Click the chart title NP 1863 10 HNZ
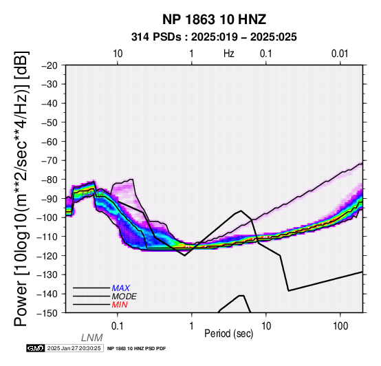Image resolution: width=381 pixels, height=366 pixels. (x=214, y=19)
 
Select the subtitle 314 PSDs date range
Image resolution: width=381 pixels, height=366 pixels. (x=214, y=37)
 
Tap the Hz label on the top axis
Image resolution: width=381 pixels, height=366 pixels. (x=228, y=54)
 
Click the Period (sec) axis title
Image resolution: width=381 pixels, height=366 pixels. (x=228, y=334)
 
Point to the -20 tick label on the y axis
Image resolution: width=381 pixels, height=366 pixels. (x=50, y=65)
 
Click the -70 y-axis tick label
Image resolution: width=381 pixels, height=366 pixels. (x=50, y=161)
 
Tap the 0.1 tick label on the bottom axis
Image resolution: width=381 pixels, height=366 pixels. (x=117, y=326)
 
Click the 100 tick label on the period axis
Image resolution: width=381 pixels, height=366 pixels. (x=340, y=326)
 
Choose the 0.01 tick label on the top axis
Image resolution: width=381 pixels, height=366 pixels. (x=340, y=54)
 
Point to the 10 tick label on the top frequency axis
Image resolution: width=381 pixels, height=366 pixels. (x=118, y=54)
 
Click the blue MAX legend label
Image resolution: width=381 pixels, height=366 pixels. (x=121, y=288)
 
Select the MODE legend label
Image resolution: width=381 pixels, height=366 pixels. (x=124, y=297)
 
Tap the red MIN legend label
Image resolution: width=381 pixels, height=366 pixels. (x=120, y=305)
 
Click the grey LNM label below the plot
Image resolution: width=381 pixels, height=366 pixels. (x=92, y=338)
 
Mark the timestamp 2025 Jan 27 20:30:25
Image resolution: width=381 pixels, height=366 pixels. (x=74, y=348)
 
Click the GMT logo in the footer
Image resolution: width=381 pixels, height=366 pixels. (x=36, y=348)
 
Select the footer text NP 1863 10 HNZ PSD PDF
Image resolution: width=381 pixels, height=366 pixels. (x=137, y=349)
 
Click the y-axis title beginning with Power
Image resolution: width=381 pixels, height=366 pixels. (x=21, y=189)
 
